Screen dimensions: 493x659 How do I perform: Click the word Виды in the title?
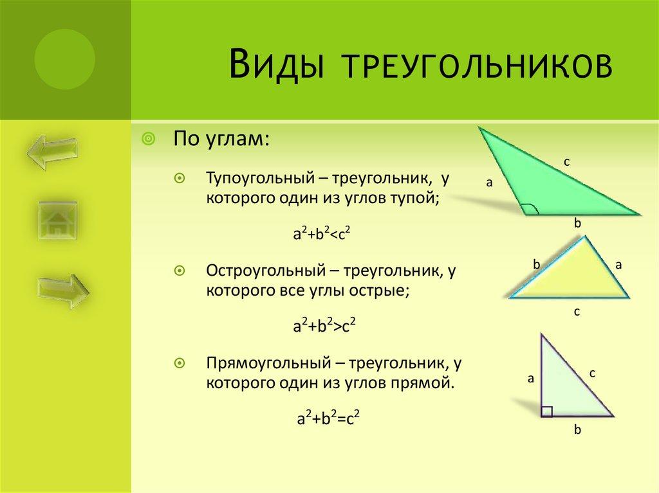[x=272, y=66]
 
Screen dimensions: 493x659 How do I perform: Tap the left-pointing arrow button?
[x=52, y=152]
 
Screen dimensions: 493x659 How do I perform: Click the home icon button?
[x=57, y=220]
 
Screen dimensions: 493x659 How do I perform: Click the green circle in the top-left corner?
[x=64, y=59]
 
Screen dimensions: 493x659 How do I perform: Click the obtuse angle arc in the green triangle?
[x=529, y=208]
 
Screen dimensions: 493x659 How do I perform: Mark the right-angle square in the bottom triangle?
[x=546, y=411]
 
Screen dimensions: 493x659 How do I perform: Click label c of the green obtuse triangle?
[x=567, y=162]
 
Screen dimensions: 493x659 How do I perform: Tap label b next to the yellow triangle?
[x=535, y=263]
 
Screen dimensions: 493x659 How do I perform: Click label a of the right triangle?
[x=531, y=379]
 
